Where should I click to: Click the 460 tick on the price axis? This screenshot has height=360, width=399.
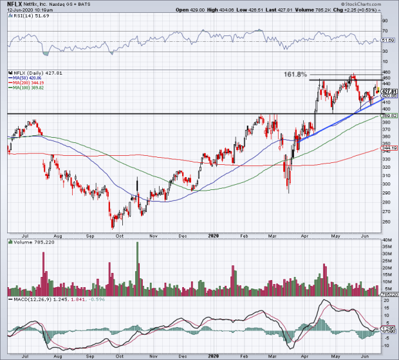pyautogui.click(x=385, y=71)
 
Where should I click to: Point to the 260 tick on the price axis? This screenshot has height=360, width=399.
pyautogui.click(x=385, y=223)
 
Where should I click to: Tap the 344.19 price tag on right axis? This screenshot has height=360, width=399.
pyautogui.click(x=389, y=147)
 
